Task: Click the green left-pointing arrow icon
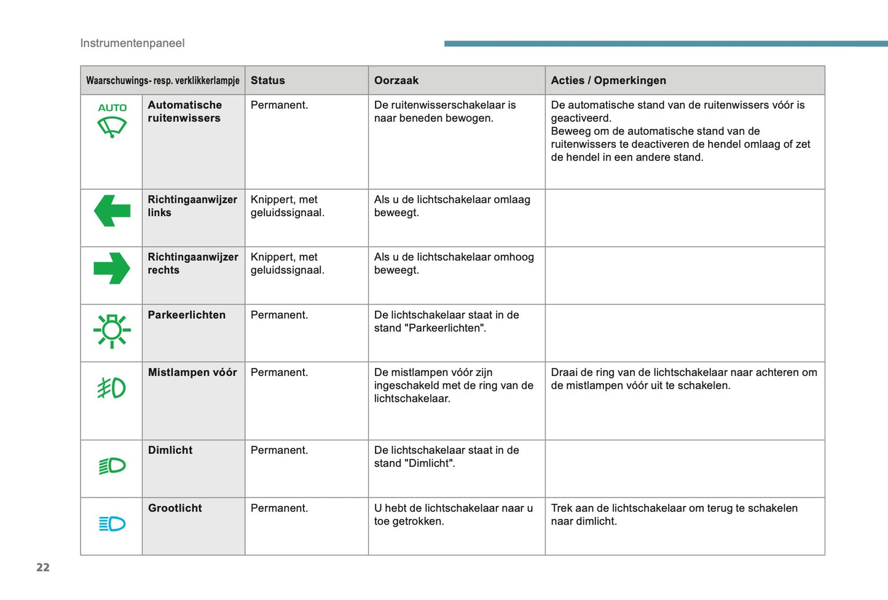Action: coord(112,211)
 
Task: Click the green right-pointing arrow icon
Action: coord(112,268)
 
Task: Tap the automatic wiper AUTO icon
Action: coord(112,120)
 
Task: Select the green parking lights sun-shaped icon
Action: coord(112,331)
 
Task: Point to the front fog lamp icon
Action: coord(112,388)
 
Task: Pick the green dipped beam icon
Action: coord(112,466)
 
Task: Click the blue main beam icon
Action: coord(112,524)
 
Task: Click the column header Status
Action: coord(268,80)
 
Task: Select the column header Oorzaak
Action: coord(396,80)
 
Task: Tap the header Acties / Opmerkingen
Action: coord(608,80)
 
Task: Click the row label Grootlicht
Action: coord(175,508)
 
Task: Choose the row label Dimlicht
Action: coord(170,450)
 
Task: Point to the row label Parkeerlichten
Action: coord(187,315)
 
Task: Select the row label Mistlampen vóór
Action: coord(192,372)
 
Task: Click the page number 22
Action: coord(43,567)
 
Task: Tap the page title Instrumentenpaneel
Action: coord(132,43)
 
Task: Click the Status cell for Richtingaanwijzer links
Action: coord(287,206)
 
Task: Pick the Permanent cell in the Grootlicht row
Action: coord(279,508)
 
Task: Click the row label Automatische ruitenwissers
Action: coord(184,111)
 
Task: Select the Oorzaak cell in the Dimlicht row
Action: coord(446,457)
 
